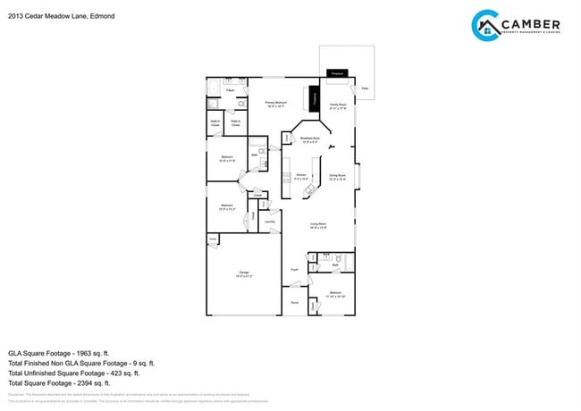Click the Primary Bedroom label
click(x=275, y=104)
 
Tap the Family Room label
click(x=338, y=105)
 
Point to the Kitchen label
click(x=301, y=176)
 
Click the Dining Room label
click(x=338, y=176)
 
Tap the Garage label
click(x=243, y=274)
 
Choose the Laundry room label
click(x=269, y=221)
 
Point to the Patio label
click(x=364, y=88)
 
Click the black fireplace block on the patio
click(x=337, y=72)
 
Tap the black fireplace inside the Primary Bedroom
click(x=314, y=97)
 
